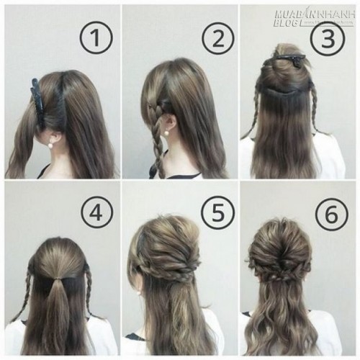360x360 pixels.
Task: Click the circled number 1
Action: [x=96, y=38]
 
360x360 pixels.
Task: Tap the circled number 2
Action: [x=217, y=39]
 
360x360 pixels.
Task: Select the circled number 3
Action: [x=327, y=39]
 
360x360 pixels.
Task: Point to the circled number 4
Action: [x=96, y=213]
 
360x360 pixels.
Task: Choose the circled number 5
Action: [x=217, y=213]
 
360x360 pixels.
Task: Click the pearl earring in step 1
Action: [x=51, y=145]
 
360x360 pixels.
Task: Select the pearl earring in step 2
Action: [x=166, y=133]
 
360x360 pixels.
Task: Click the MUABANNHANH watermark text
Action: [x=315, y=15]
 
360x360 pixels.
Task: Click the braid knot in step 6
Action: [x=282, y=279]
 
